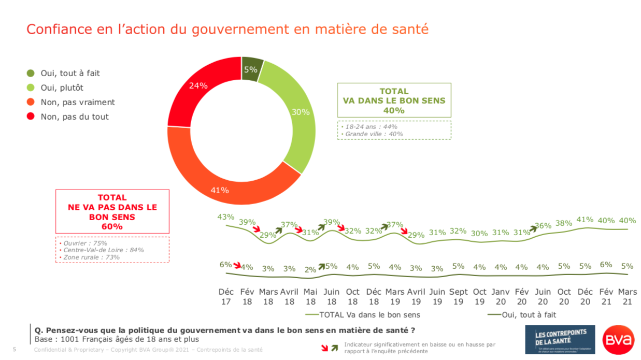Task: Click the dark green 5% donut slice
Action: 251,69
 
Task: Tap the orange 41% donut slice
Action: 220,190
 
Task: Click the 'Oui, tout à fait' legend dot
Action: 31,74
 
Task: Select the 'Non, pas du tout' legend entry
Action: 75,117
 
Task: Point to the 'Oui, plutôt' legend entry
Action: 62,88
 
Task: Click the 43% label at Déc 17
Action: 226,217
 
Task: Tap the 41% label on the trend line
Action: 585,220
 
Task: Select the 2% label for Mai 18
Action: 310,269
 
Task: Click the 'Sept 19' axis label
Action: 458,296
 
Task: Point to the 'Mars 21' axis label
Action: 627,296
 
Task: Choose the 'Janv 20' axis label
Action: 501,296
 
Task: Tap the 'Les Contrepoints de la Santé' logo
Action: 560,340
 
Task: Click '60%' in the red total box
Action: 112,227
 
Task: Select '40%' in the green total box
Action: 394,110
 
